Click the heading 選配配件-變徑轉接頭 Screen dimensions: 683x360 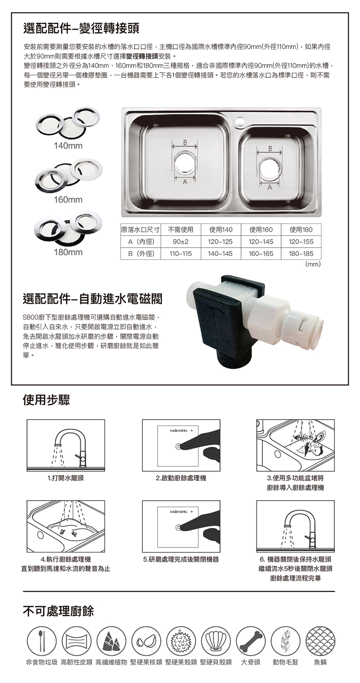point(81,29)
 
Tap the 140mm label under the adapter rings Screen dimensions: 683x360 point(68,146)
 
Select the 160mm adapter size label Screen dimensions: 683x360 point(68,199)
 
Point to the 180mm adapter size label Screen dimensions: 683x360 point(68,252)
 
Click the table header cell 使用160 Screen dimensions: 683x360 point(261,230)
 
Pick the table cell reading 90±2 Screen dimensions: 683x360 point(180,242)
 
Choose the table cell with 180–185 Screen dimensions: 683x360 point(301,254)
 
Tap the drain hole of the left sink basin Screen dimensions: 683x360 point(185,163)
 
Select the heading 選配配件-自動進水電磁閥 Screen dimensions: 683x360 point(93,299)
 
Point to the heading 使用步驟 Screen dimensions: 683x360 point(46,400)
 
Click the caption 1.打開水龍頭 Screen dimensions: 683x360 point(66,478)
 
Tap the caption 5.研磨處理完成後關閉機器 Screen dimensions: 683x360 point(181,560)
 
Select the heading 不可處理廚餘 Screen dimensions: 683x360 point(58,611)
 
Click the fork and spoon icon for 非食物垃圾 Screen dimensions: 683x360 point(42,641)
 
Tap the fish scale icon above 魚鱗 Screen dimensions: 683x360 point(320,641)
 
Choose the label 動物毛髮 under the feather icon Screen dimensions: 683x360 point(285,662)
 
